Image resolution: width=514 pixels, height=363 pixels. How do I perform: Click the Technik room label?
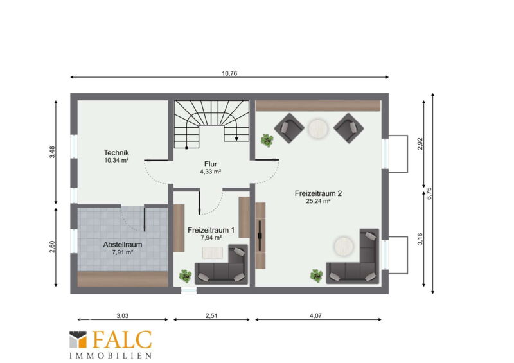click(116, 152)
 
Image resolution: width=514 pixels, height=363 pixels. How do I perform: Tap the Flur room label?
click(211, 164)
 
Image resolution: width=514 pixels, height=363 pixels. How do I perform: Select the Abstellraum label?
click(123, 245)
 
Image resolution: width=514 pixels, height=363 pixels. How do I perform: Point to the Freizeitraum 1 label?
click(211, 230)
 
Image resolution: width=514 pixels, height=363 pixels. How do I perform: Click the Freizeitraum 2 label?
click(318, 193)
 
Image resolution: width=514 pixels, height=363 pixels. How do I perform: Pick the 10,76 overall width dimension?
click(229, 73)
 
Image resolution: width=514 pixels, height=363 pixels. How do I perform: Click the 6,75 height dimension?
click(429, 193)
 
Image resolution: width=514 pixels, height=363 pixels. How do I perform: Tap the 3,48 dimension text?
click(52, 152)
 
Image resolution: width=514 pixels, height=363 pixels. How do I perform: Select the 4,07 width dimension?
click(315, 316)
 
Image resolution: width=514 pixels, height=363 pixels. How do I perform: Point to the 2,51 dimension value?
click(211, 316)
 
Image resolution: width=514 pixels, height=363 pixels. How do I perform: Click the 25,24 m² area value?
click(318, 201)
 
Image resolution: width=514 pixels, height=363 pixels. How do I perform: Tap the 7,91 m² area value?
click(123, 252)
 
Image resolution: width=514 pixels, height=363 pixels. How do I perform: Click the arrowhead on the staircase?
click(236, 139)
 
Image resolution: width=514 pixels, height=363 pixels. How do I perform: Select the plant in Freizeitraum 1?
click(185, 276)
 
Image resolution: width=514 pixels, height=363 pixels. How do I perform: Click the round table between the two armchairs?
click(317, 128)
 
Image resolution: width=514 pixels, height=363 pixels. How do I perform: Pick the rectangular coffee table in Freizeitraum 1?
click(213, 252)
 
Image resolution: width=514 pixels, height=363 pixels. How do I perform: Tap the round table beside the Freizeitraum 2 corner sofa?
click(344, 247)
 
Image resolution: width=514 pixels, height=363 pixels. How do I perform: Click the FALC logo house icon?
click(78, 339)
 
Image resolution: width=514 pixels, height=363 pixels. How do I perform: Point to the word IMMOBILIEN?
click(111, 355)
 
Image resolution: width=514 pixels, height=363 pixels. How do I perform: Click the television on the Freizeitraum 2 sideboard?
click(260, 235)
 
